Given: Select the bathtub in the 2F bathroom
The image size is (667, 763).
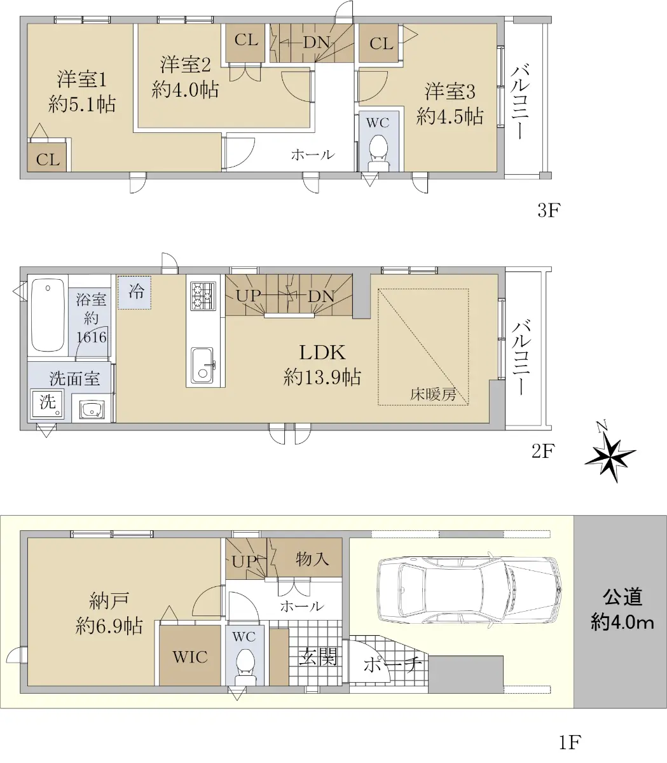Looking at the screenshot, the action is [48, 316].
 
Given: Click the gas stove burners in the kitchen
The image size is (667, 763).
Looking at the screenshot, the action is [203, 296].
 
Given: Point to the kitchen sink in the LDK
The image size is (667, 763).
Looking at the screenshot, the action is [202, 366].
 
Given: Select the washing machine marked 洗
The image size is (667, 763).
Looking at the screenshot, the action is [48, 404].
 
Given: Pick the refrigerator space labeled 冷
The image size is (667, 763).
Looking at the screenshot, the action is [135, 292].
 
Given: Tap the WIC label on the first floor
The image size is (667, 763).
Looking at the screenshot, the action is [189, 657].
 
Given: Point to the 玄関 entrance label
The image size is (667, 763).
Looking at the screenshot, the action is [318, 656].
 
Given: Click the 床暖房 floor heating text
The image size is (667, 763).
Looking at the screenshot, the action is [433, 394].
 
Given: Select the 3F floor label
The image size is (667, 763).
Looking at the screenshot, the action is [549, 210].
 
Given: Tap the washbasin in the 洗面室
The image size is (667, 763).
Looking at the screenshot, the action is [92, 410].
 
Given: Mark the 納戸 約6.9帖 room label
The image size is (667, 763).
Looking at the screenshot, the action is [109, 613].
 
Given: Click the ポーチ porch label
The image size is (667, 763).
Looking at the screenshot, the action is [392, 663].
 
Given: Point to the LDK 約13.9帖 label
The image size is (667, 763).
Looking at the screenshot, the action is [322, 364].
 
